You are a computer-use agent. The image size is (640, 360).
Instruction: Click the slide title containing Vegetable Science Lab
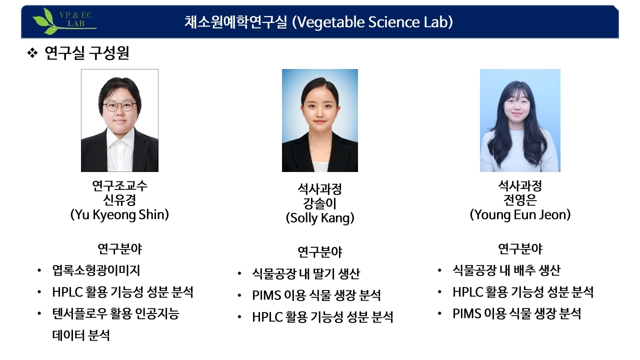318,22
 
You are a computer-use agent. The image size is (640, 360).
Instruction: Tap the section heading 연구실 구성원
86,53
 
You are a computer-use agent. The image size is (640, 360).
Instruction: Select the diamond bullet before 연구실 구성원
32,53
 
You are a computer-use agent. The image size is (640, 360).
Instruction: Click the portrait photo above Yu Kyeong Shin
119,120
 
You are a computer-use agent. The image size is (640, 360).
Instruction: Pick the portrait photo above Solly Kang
319,120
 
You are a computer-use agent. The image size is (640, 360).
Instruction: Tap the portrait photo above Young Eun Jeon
520,120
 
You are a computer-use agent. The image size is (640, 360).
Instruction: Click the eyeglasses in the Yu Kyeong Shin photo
119,106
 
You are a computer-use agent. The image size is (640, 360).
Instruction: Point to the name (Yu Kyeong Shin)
119,215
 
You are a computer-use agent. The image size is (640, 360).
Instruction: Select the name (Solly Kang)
319,218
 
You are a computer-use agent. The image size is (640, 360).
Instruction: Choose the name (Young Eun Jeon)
520,215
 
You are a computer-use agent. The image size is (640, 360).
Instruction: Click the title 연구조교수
119,186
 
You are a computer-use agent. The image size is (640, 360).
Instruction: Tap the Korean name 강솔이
319,203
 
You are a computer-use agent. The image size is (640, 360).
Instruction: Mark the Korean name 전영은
520,200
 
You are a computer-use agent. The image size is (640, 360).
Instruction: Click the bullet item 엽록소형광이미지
96,270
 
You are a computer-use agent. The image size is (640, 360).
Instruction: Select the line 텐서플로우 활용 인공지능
115,314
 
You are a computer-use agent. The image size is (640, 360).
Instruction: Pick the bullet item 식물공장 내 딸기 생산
306,273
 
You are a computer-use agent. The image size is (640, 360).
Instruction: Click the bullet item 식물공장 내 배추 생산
506,270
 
